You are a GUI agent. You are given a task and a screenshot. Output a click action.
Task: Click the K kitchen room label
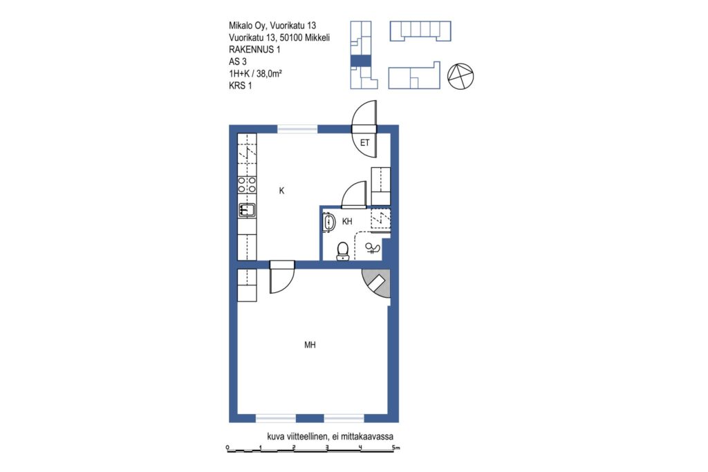point(281,191)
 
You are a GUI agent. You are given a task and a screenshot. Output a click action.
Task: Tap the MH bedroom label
point(310,346)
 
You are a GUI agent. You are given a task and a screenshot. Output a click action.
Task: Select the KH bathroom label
point(347,222)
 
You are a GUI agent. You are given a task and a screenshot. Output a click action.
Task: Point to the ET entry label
point(365,142)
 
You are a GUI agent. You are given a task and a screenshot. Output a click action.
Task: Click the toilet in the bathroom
point(343,252)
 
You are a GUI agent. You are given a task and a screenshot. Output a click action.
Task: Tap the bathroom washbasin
point(328,222)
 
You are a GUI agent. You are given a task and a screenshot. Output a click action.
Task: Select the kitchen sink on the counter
point(247,210)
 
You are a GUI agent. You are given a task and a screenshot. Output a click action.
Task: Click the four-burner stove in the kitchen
point(247,185)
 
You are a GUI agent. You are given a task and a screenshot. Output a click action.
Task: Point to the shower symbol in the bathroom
point(372,248)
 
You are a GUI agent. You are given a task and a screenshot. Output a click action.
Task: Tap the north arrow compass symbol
point(460,76)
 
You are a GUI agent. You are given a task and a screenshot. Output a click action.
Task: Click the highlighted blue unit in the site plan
point(361,61)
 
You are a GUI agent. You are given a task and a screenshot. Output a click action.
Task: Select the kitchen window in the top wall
point(297,129)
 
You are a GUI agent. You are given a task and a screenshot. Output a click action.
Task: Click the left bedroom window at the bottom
point(276,418)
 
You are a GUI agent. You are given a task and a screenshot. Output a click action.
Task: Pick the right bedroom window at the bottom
point(344,418)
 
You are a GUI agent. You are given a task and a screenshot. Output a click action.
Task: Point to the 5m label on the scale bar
point(396,448)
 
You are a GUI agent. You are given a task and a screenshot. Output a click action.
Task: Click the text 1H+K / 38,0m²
point(256,74)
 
